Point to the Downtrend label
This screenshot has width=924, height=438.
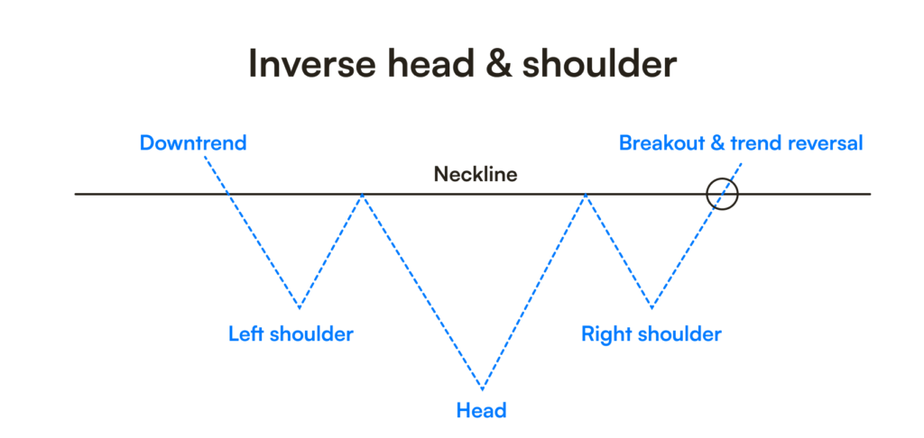click(192, 142)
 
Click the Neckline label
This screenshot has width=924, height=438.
click(476, 174)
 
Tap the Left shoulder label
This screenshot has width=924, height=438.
click(291, 334)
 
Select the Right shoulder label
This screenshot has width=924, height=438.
click(651, 334)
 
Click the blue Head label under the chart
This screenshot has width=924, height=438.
click(481, 411)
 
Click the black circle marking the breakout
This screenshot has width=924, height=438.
click(722, 193)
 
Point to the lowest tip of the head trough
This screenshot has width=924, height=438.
click(483, 390)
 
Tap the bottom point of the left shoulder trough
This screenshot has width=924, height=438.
click(300, 307)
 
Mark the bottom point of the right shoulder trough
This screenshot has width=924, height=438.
click(651, 307)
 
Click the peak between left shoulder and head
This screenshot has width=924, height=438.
click(362, 194)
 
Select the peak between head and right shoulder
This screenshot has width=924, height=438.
click(586, 194)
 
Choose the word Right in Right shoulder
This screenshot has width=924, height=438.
click(605, 334)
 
